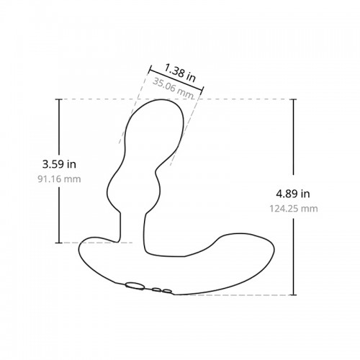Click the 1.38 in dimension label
(180, 73)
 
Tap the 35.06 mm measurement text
(173, 88)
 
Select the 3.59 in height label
(59, 164)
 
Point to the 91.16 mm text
(59, 179)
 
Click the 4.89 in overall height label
(293, 194)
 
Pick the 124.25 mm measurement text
(294, 209)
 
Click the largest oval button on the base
(135, 286)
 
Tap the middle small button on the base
(156, 290)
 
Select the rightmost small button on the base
(167, 292)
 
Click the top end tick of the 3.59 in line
(59, 99)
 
